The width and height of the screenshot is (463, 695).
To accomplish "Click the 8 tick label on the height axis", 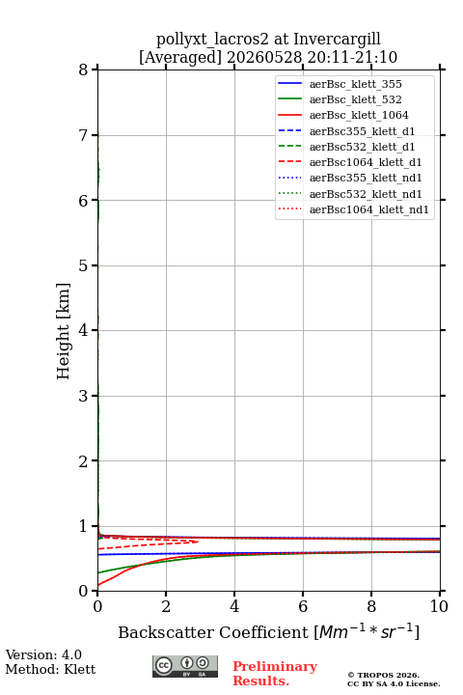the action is (84, 69).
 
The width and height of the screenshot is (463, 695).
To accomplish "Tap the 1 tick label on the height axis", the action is (84, 526).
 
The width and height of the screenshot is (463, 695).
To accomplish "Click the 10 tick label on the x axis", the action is (439, 606).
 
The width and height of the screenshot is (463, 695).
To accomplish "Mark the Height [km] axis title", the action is (64, 331).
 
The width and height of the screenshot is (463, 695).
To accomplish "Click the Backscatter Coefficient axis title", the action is (268, 631).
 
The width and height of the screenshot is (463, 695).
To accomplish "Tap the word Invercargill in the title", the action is (338, 40).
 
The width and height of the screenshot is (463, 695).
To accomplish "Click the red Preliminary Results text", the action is (275, 674).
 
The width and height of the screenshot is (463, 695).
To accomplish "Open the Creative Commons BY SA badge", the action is (185, 666).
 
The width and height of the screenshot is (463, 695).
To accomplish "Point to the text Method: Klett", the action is (50, 669).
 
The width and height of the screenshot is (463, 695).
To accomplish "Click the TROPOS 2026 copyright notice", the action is (384, 675).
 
